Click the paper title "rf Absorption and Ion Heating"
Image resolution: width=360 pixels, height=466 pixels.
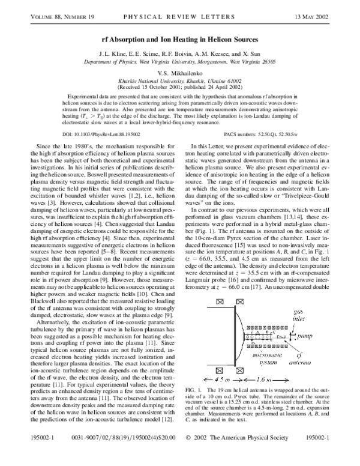point(180,32)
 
